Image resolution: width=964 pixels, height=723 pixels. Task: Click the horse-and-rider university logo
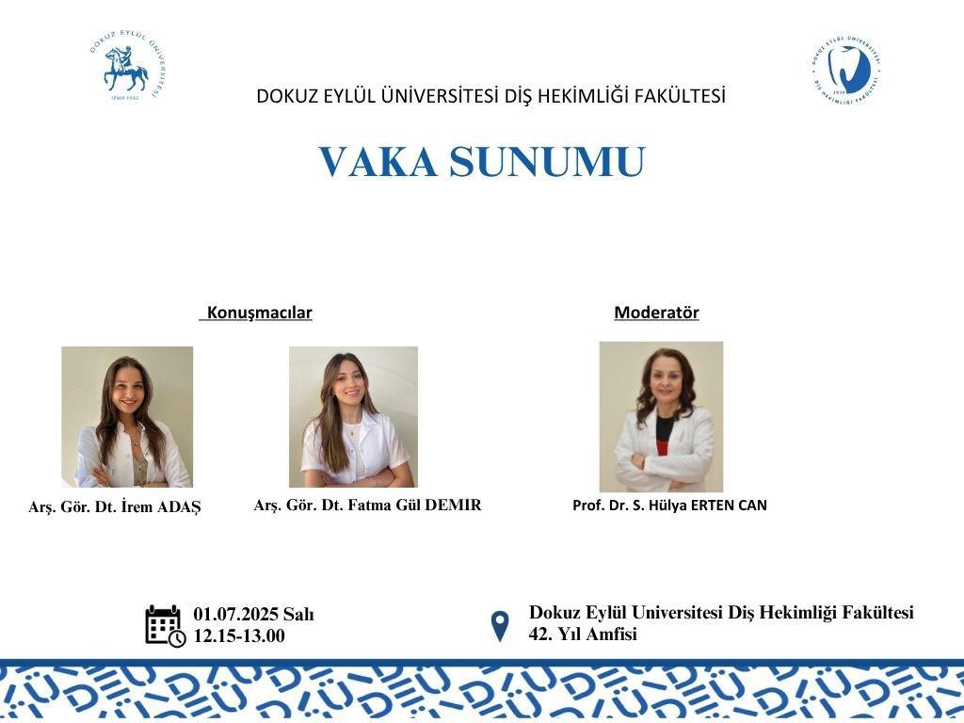[x=128, y=66]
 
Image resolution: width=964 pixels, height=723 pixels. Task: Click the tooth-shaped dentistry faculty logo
[x=846, y=69]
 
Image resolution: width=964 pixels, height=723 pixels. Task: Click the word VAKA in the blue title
[x=378, y=162]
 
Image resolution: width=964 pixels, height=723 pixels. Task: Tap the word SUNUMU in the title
[x=547, y=162]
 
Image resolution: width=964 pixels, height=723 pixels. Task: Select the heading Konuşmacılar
[x=260, y=313]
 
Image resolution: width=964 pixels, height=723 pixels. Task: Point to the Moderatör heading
[x=656, y=313]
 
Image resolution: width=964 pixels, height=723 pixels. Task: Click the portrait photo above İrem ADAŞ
[x=127, y=417]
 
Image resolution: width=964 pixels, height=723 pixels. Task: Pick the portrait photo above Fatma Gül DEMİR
[x=354, y=417]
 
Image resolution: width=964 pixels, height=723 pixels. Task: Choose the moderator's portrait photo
[x=662, y=417]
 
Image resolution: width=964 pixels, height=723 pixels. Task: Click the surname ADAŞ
[x=179, y=507]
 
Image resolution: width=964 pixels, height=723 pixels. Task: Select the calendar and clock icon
[x=166, y=626]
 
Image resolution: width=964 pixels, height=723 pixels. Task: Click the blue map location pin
[x=501, y=626]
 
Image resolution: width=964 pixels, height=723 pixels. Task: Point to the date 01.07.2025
[x=235, y=614]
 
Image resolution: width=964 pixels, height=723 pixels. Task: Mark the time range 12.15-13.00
[x=239, y=635]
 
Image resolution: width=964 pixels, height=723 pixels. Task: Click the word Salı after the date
[x=298, y=614]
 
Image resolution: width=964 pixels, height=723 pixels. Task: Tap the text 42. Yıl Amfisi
[x=583, y=634]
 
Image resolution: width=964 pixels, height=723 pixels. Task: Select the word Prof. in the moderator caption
[x=587, y=506]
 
